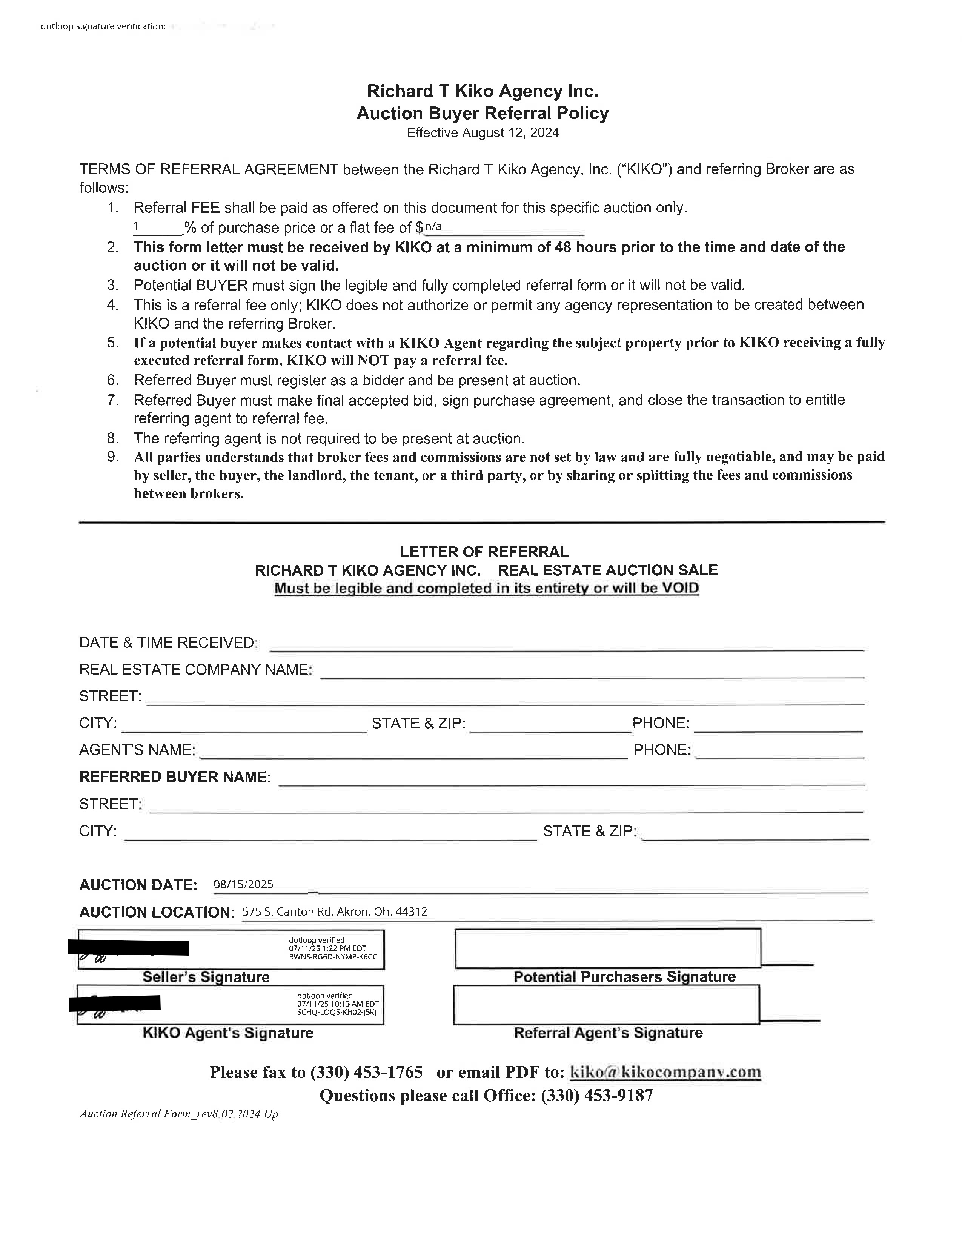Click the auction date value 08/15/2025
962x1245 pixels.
tap(243, 884)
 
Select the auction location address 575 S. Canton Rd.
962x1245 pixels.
tap(335, 911)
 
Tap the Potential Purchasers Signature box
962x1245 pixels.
tap(607, 948)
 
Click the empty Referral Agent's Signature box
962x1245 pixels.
tap(606, 1004)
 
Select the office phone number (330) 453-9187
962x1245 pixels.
tap(597, 1096)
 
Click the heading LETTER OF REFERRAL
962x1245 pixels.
tap(484, 552)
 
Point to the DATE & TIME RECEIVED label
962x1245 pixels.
tap(168, 643)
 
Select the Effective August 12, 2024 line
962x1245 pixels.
tap(483, 133)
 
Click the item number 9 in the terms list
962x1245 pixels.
tap(113, 456)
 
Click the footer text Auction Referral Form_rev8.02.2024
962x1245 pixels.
tap(179, 1114)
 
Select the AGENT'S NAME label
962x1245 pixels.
tap(137, 750)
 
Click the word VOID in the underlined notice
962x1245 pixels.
tap(680, 588)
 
